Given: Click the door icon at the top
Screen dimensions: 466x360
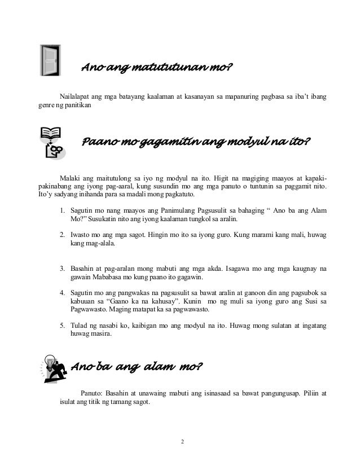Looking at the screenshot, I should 51,60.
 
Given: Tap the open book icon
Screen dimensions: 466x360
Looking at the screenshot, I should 50,134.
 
